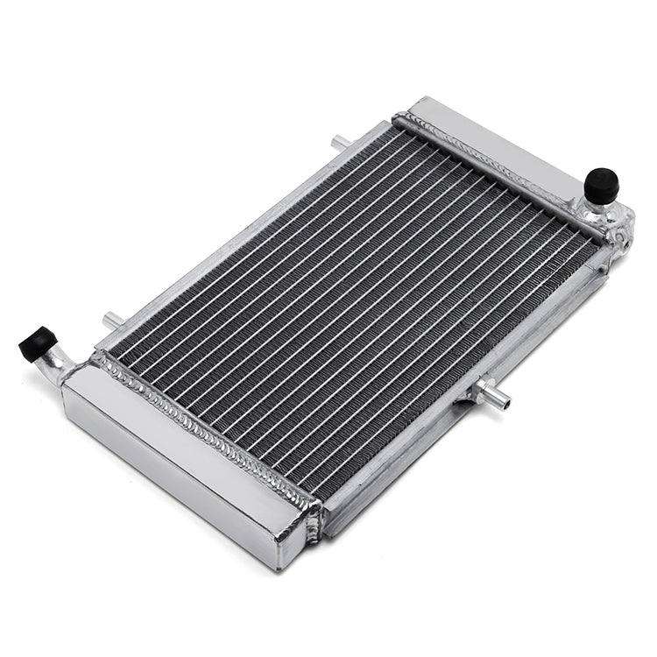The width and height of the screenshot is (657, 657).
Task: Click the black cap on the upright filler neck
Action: (x=602, y=184)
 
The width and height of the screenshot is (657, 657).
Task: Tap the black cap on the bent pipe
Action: (x=37, y=342)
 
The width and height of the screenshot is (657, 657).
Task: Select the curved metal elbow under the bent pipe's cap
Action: (x=58, y=363)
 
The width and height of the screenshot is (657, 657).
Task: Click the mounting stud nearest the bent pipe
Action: (x=112, y=321)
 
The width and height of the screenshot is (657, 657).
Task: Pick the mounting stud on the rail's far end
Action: (x=340, y=141)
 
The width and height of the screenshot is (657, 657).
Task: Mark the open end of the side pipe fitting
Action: (x=504, y=401)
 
